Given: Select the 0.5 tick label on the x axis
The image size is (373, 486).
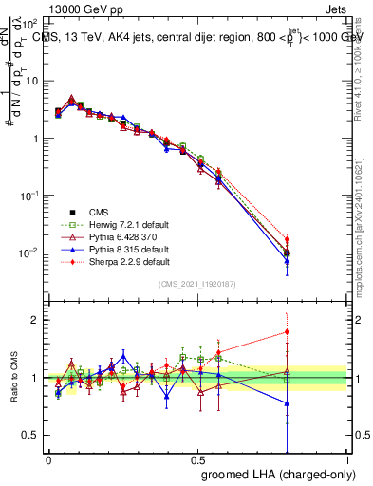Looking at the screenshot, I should point(197,459).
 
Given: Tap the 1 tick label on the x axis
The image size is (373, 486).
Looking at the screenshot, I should point(347,459).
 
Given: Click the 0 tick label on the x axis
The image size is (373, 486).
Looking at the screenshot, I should point(48,459).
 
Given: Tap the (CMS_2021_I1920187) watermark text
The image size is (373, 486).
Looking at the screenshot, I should point(198,284).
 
